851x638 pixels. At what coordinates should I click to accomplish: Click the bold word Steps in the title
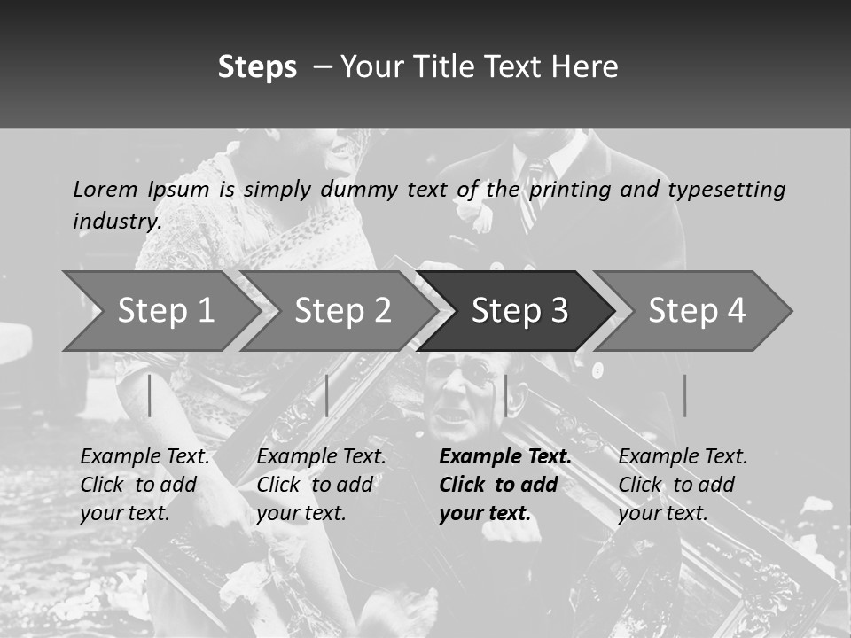point(257,67)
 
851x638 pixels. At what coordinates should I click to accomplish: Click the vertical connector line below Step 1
point(150,395)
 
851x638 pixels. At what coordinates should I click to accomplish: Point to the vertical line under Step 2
point(327,395)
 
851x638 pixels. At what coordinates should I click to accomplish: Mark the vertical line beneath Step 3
point(505,395)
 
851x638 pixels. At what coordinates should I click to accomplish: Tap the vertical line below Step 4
point(684,395)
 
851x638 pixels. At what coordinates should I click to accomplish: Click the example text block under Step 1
point(144,485)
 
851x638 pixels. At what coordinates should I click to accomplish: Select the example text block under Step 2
point(321,485)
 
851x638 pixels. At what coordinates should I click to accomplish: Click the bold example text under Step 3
point(504,485)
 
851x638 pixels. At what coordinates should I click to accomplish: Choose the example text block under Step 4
point(683,485)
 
